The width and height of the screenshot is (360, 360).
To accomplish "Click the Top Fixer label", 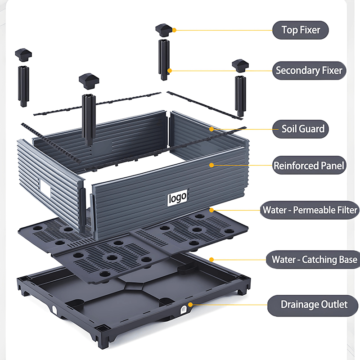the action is (301, 30).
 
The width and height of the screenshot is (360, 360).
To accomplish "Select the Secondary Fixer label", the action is (309, 71).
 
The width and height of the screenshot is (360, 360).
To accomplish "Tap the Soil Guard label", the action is (301, 129).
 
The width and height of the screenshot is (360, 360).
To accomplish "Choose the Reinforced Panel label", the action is (309, 165).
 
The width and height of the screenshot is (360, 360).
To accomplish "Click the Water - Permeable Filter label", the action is (310, 210).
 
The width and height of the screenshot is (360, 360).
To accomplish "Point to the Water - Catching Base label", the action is (313, 260).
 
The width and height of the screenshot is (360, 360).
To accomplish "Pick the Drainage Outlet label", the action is (313, 305).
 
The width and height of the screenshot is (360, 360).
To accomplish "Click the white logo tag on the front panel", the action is (177, 198).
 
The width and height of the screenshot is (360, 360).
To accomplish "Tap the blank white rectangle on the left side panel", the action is (45, 189).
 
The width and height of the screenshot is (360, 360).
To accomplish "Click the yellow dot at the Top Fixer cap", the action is (174, 30).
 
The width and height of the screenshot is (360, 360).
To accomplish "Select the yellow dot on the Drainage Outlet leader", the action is (190, 305).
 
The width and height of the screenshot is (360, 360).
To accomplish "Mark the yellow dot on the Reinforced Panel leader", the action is (211, 165).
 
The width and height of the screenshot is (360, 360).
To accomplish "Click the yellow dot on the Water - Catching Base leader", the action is (211, 260).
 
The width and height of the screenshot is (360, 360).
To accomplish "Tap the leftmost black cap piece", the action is (23, 55).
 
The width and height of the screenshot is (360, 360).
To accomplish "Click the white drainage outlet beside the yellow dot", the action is (184, 310).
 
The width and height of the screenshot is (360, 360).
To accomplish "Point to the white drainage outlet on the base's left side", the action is (54, 310).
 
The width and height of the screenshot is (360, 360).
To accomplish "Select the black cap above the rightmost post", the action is (240, 66).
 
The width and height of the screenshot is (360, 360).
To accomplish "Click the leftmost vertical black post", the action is (23, 86).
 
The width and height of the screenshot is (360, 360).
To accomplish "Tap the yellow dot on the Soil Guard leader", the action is (211, 129).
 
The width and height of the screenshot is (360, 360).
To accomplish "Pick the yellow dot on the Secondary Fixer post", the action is (170, 71).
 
